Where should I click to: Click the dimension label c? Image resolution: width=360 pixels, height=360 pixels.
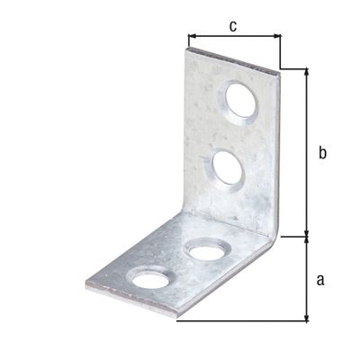[232, 25]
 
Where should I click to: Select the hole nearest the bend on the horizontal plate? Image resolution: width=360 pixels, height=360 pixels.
[207, 249]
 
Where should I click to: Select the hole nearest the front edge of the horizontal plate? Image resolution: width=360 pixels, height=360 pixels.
[150, 278]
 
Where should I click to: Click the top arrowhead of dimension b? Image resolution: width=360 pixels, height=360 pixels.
[308, 72]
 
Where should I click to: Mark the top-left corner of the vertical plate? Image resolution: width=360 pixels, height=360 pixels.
[187, 49]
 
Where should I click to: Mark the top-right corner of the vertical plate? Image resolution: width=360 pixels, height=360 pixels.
[278, 68]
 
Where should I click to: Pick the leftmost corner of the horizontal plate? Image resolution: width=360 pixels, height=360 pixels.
[86, 286]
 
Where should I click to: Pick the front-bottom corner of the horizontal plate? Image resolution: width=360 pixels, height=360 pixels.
[178, 318]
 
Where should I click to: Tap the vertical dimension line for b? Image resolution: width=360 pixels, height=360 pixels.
[308, 153]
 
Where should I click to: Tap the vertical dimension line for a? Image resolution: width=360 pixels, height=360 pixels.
[308, 279]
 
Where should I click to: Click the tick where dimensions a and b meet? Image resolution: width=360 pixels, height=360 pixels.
[308, 237]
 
